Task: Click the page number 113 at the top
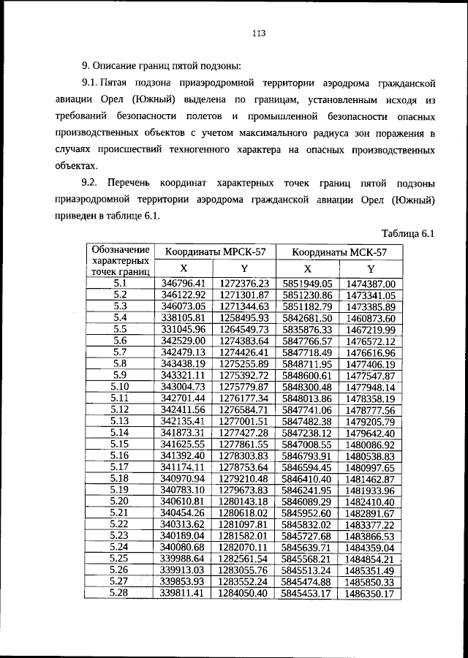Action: click(x=257, y=33)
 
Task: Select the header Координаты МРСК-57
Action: click(x=215, y=252)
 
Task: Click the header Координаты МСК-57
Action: click(x=339, y=252)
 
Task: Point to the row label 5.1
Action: click(x=121, y=283)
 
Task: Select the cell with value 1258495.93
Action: click(x=244, y=318)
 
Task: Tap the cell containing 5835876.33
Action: click(x=307, y=330)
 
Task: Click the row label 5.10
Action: click(x=121, y=387)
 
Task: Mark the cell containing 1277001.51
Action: click(x=244, y=421)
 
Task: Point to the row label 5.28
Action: click(x=121, y=593)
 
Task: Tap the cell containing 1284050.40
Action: click(x=244, y=593)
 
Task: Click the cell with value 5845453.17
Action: click(x=307, y=593)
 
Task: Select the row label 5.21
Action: click(x=121, y=513)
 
